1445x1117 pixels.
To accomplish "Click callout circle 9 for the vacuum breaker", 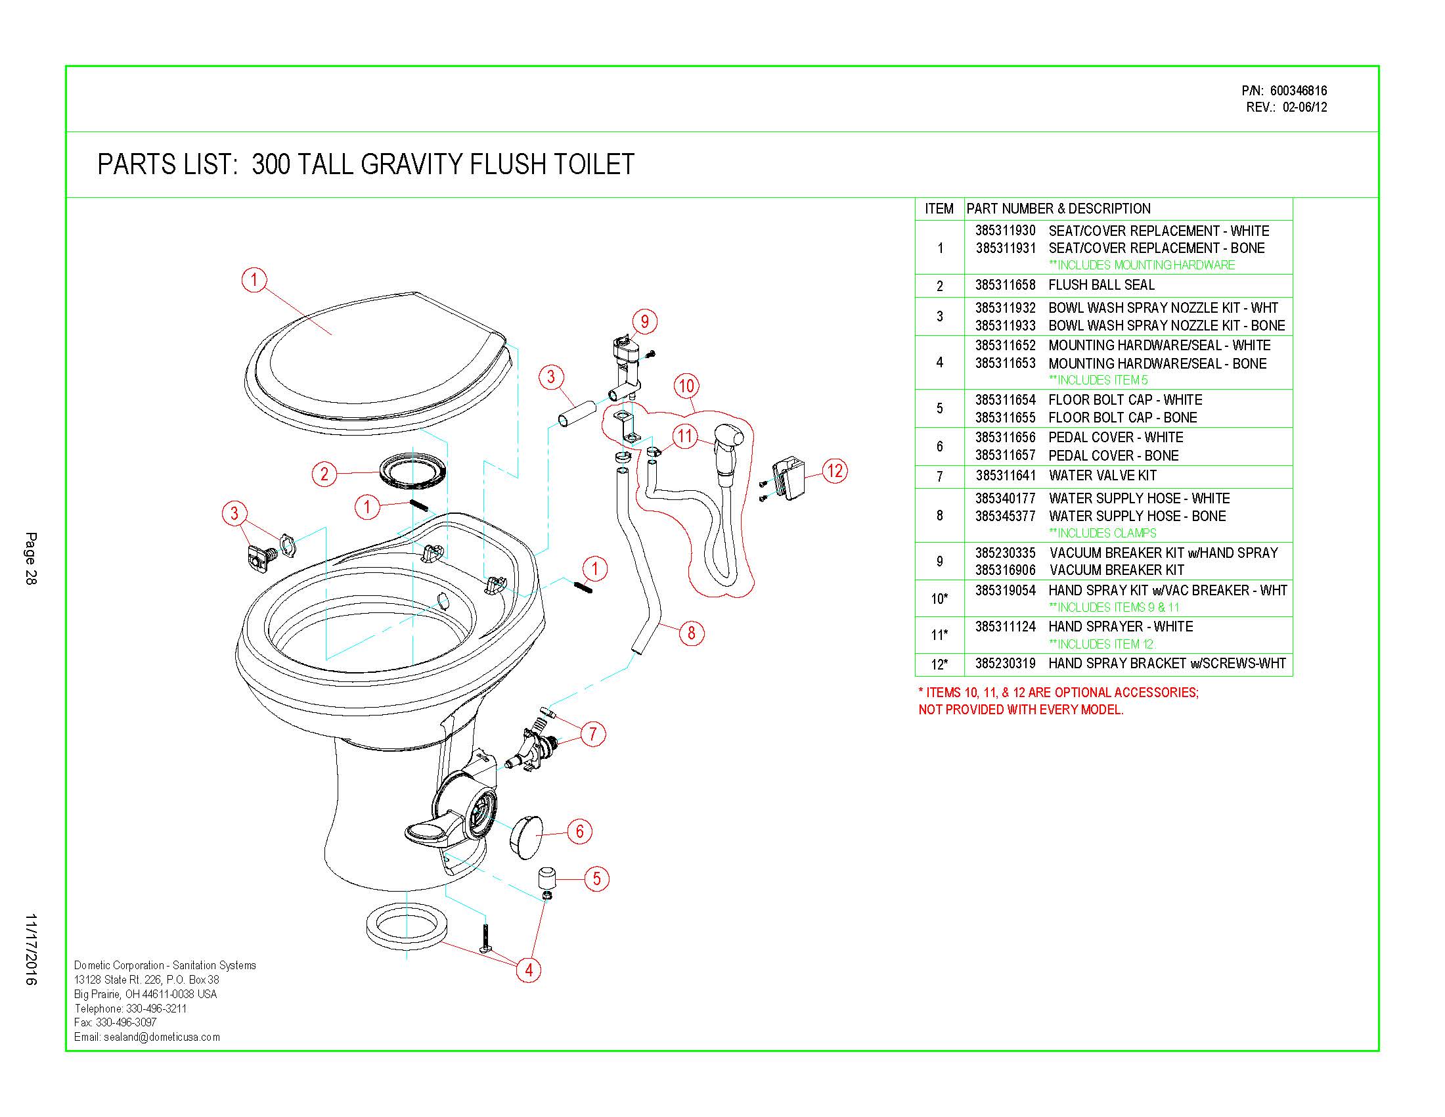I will pos(644,321).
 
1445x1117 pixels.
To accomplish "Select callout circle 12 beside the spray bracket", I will pos(835,470).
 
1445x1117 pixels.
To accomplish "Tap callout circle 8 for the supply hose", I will pos(692,633).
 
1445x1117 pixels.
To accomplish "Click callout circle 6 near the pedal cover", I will pos(579,831).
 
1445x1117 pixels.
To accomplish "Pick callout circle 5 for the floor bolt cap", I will pos(597,878).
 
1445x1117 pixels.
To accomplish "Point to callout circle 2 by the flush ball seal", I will pos(324,474).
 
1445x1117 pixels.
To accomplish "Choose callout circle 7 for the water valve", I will pos(593,734).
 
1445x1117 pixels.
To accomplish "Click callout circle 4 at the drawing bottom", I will pos(529,970).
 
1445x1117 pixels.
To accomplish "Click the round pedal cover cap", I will pos(526,837).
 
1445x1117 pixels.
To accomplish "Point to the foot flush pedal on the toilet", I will pos(430,835).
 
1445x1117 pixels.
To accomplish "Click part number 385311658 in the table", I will pos(1005,285).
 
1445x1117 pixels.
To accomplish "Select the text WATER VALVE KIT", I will pos(1102,476).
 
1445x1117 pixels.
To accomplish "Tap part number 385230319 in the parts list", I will pos(1005,664).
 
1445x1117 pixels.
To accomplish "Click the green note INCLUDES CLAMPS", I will pos(1102,534).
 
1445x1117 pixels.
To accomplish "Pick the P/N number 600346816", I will pos(1298,91).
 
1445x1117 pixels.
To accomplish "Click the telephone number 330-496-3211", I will pos(158,1009).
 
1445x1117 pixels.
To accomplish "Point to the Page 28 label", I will pos(31,558).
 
